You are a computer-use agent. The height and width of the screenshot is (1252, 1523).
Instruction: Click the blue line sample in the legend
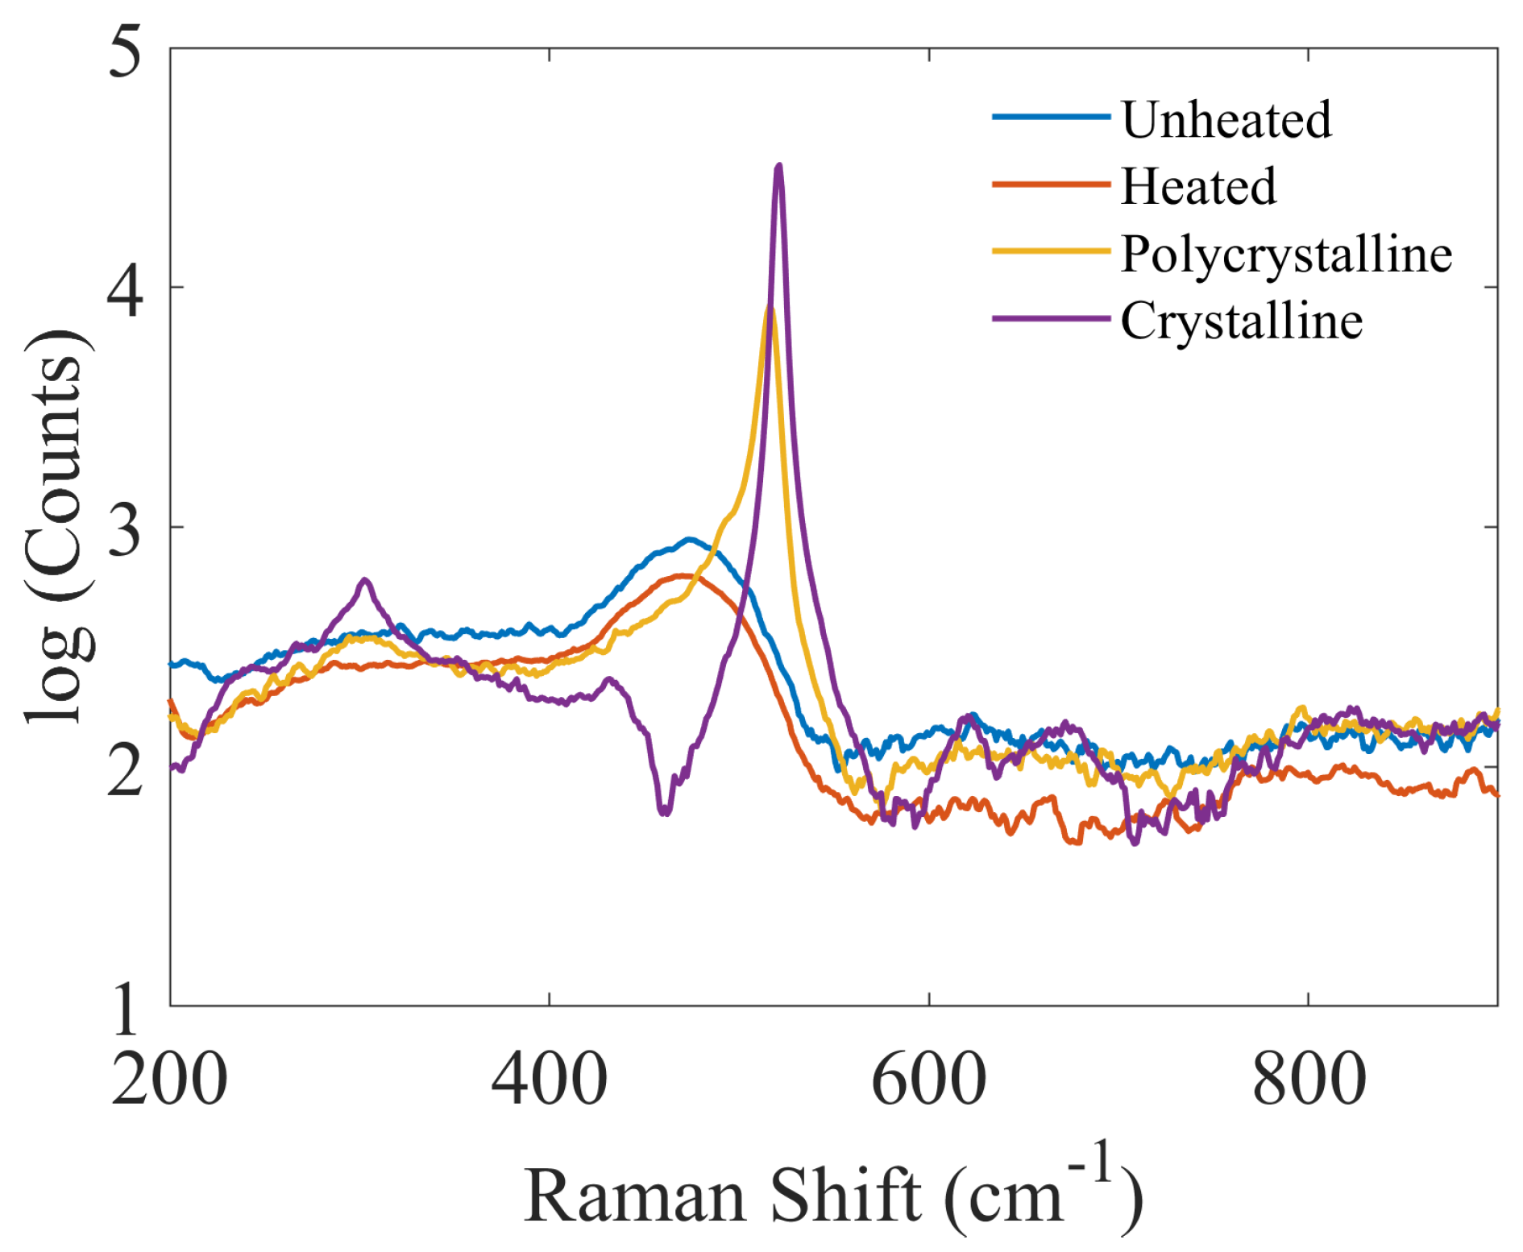point(1051,118)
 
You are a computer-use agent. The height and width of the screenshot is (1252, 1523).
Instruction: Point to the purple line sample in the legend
point(1051,319)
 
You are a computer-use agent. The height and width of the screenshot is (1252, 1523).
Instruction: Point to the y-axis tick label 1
point(126,1008)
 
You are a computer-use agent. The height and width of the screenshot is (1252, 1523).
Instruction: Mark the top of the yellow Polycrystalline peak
point(770,309)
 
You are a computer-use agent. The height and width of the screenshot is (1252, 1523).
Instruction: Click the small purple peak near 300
point(365,580)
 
